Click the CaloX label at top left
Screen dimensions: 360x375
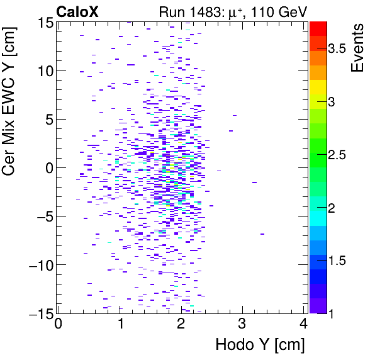pos(77,11)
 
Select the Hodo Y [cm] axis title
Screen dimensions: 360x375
pos(260,345)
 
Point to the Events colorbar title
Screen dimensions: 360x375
pos(357,48)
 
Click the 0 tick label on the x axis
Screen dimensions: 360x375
pos(58,324)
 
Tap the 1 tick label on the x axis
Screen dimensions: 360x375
pos(120,324)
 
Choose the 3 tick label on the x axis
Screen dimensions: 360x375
pos(242,324)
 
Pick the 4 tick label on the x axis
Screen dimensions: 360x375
pos(304,324)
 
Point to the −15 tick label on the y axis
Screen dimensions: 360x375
pos(38,313)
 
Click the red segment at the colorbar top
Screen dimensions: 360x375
pos(318,28)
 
